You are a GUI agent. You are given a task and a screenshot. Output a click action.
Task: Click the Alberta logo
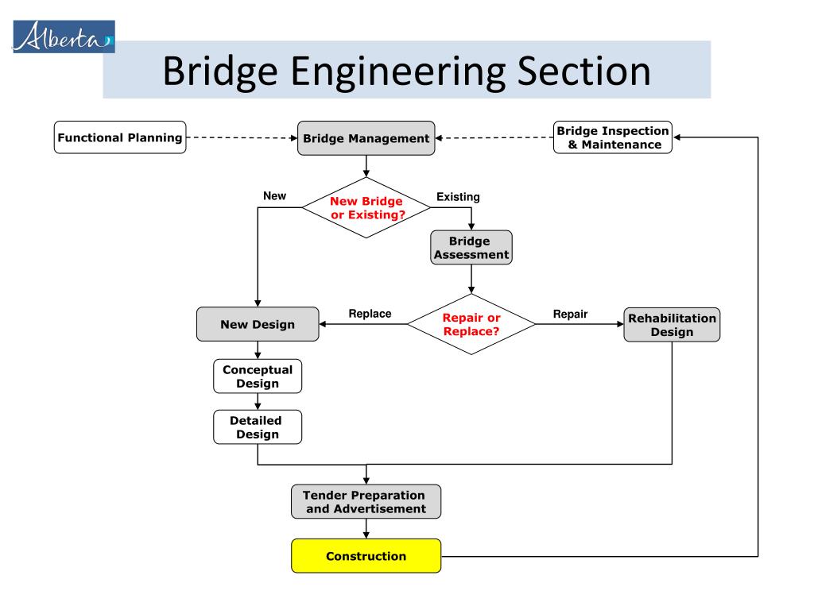click(x=64, y=37)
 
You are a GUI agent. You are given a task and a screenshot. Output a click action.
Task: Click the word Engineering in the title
click(x=398, y=73)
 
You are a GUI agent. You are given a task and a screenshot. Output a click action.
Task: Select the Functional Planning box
click(x=120, y=137)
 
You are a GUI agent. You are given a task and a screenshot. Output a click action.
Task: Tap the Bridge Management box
click(x=366, y=138)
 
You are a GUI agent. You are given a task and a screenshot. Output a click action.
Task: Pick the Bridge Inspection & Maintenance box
click(x=613, y=137)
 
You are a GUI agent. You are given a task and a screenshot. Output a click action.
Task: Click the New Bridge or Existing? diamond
click(x=366, y=207)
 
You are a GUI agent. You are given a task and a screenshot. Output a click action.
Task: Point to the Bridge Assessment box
click(x=471, y=248)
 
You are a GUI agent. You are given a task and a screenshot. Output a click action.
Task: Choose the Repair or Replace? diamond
click(x=471, y=324)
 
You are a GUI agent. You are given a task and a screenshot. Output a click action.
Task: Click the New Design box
click(x=258, y=324)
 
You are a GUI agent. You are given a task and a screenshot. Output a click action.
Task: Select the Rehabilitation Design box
click(x=672, y=325)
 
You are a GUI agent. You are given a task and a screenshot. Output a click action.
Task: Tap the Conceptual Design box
click(x=258, y=376)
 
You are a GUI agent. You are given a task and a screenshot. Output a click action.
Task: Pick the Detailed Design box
click(x=258, y=427)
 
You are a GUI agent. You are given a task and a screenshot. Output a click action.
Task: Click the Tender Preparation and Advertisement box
click(x=366, y=502)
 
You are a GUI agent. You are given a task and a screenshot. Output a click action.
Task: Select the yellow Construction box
click(x=366, y=556)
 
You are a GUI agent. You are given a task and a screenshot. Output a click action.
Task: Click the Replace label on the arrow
click(x=370, y=314)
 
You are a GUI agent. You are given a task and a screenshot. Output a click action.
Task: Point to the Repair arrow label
click(x=570, y=314)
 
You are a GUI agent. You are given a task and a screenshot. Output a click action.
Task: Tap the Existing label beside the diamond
click(x=458, y=197)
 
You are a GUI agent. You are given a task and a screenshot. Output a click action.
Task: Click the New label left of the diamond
click(x=274, y=196)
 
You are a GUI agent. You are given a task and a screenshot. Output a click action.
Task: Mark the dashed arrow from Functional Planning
click(x=242, y=138)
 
